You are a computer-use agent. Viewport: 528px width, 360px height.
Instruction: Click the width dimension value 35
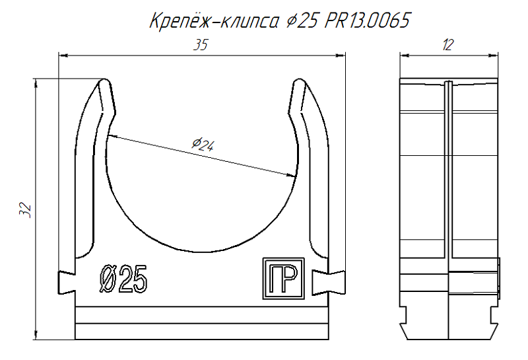click(x=201, y=46)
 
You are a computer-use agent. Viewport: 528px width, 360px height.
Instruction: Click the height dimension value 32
click(x=25, y=210)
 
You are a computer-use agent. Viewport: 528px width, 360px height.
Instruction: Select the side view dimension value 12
click(x=448, y=45)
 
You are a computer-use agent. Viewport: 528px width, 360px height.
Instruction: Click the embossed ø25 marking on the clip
click(x=123, y=280)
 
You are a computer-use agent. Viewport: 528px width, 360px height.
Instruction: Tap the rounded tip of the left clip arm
click(x=104, y=84)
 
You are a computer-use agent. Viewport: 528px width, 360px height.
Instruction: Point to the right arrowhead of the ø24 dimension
click(x=291, y=175)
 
